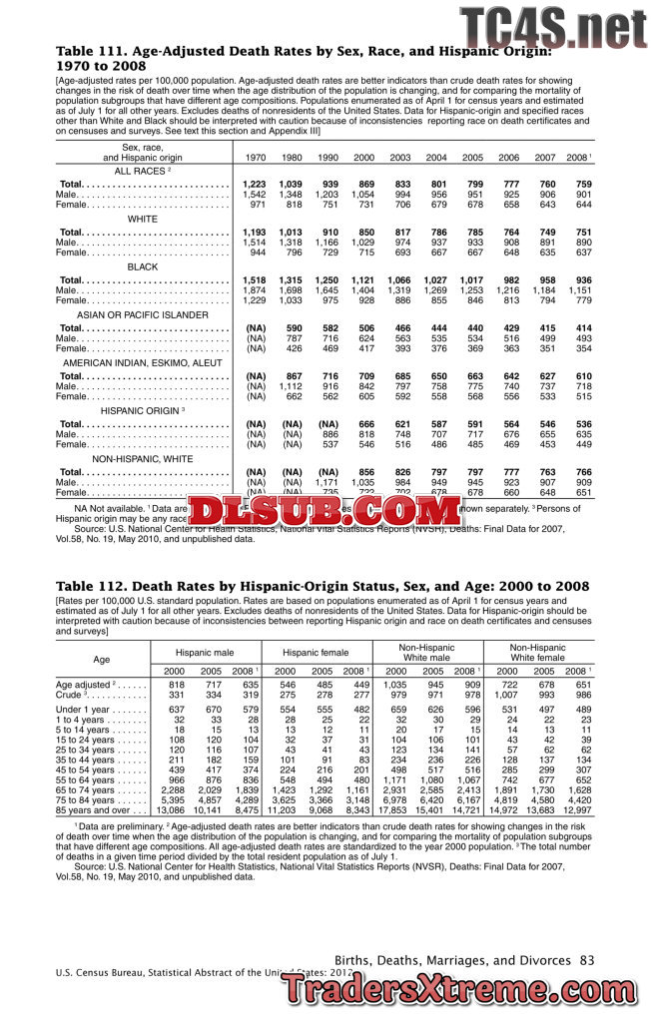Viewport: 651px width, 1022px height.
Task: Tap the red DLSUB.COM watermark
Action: point(325,512)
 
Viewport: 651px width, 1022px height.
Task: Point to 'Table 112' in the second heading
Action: point(87,586)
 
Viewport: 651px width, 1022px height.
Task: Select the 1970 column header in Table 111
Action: point(255,158)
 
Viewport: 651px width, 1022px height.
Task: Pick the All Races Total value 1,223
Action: point(255,185)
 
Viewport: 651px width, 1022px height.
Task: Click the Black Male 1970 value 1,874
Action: point(255,289)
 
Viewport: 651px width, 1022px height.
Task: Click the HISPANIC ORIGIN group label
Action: point(143,410)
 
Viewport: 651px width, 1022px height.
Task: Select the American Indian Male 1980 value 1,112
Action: point(291,385)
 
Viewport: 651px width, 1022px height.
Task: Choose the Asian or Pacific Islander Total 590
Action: point(291,327)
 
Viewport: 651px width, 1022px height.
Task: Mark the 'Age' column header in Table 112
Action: point(101,659)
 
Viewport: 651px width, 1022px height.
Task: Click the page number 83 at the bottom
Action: point(586,959)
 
